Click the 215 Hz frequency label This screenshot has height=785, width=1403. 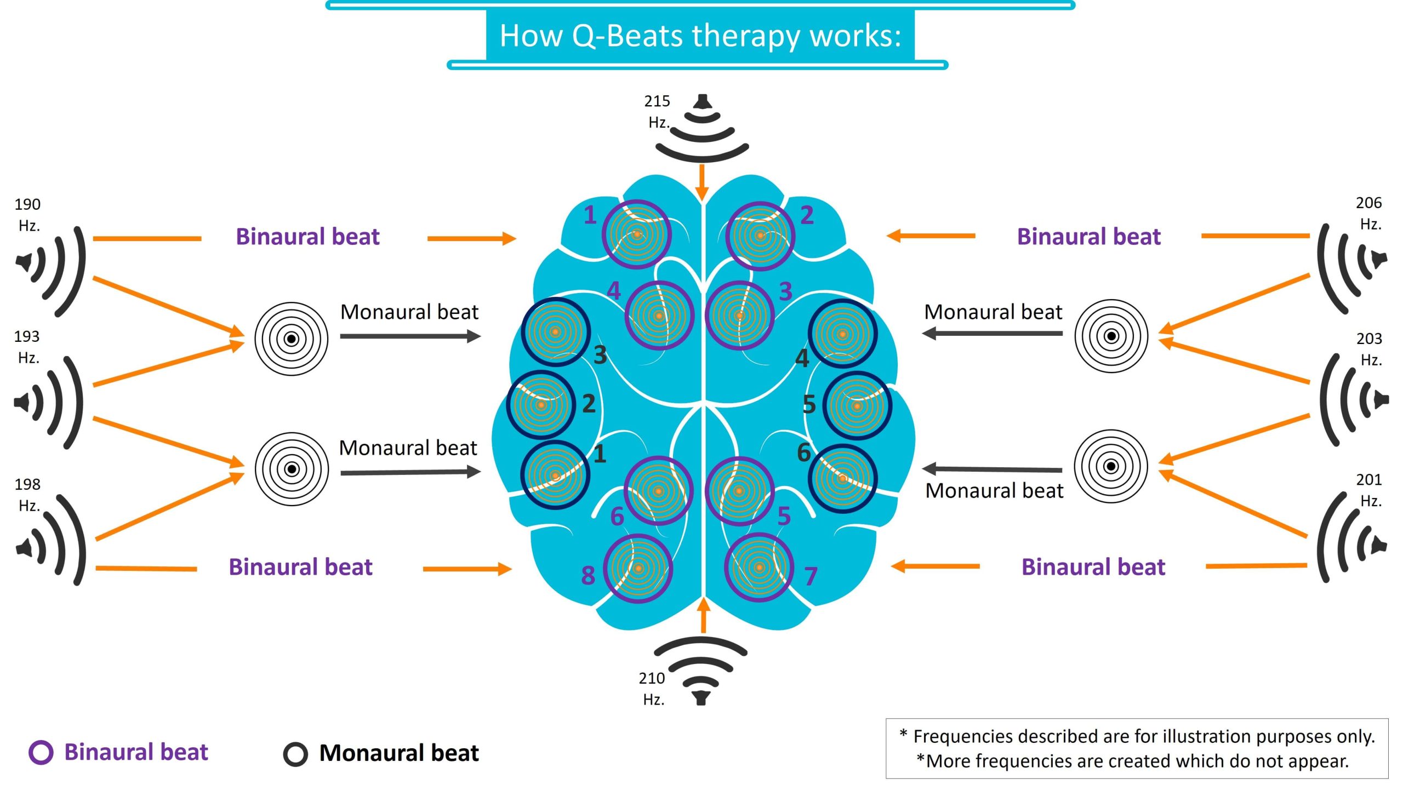(x=657, y=111)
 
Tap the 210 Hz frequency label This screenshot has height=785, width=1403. (x=652, y=688)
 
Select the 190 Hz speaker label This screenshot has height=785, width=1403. (x=27, y=214)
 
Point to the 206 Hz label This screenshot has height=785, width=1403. (x=1369, y=213)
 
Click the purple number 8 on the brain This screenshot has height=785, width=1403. (x=588, y=575)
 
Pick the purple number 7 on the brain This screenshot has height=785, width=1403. (x=811, y=576)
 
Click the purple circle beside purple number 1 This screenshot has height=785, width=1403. (x=636, y=234)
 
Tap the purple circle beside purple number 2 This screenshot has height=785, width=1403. (x=760, y=236)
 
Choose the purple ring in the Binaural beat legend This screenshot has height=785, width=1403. (x=41, y=752)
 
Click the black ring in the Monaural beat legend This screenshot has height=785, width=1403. (x=295, y=754)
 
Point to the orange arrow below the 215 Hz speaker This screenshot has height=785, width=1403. (x=702, y=182)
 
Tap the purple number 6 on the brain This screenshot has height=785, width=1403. (x=617, y=516)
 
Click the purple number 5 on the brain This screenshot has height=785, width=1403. (x=784, y=516)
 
